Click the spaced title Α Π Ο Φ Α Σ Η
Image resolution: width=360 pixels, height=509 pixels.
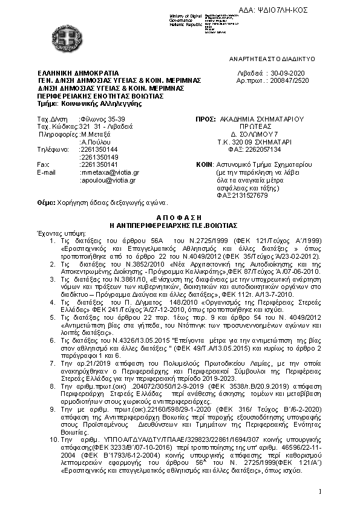tap(180, 217)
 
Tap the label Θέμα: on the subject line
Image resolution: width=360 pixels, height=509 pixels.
tap(46, 203)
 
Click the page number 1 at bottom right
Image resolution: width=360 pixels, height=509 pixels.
tap(319, 491)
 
